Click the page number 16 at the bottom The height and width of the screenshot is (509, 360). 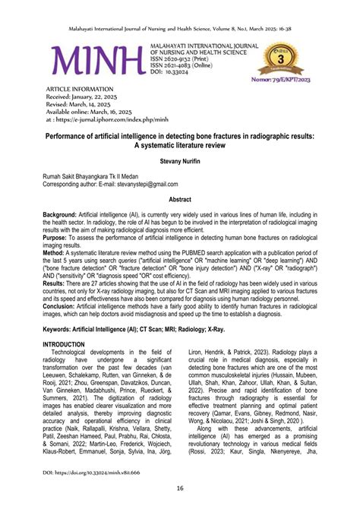pyautogui.click(x=180, y=488)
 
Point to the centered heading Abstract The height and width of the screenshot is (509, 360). pyautogui.click(x=180, y=198)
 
